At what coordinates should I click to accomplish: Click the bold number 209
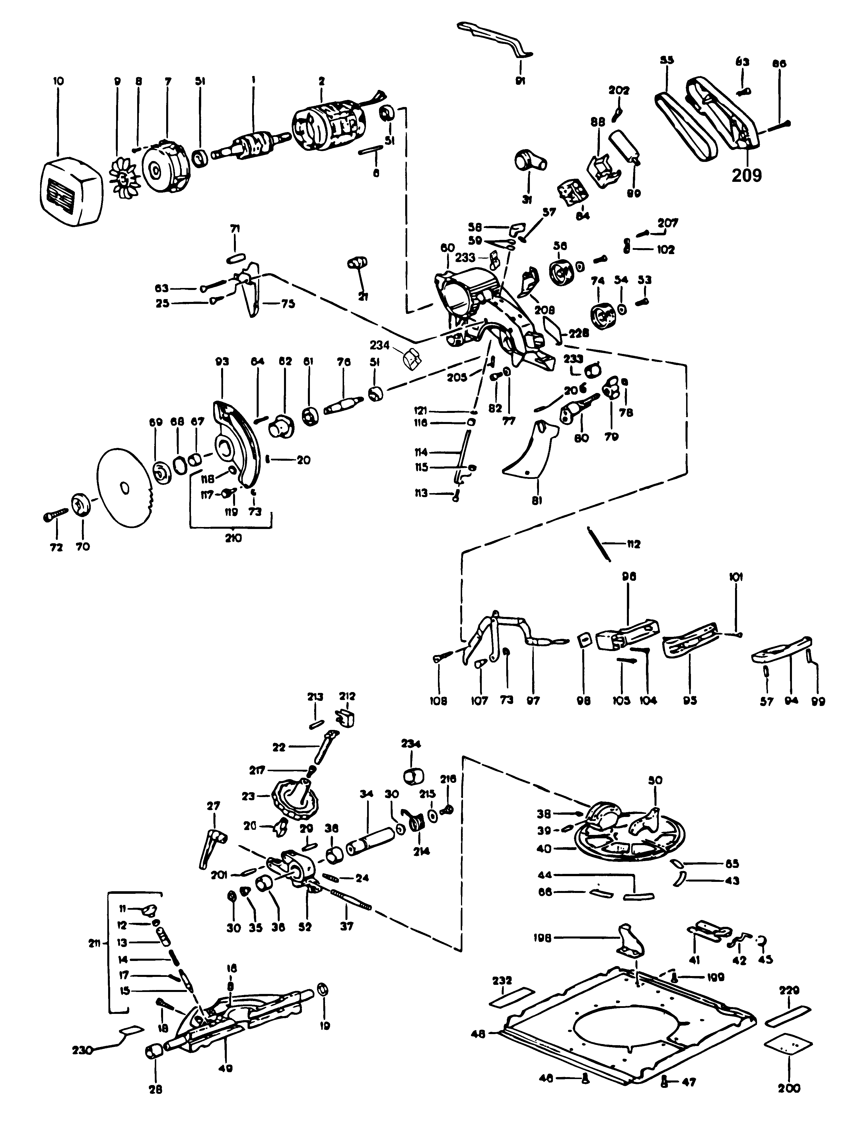747,175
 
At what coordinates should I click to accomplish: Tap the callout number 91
520,81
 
